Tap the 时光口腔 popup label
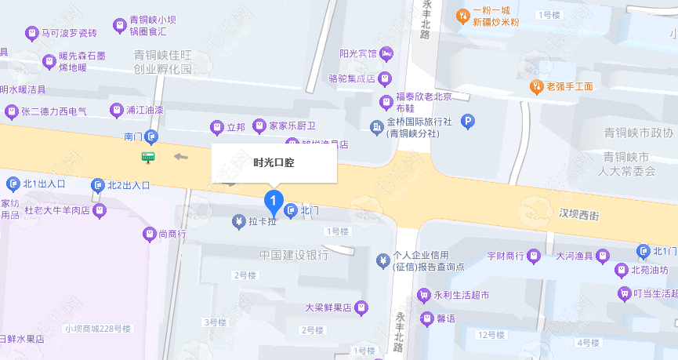[x=274, y=163]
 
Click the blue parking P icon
[x=467, y=122]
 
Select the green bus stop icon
[x=147, y=157]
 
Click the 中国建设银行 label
[x=294, y=255]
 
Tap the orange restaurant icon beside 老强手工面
[x=537, y=86]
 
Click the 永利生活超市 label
[x=462, y=296]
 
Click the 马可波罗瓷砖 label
[x=69, y=34]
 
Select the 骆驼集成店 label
[x=352, y=78]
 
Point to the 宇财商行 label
[x=506, y=256]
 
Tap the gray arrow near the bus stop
[x=182, y=156]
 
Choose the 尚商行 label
[x=172, y=234]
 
